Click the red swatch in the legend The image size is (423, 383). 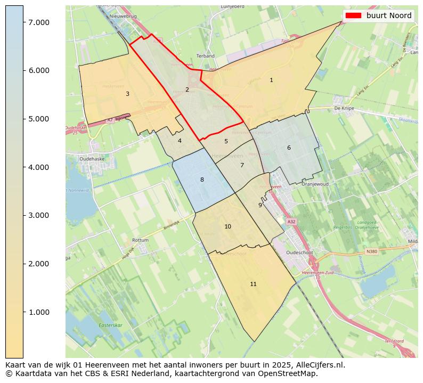[353, 15]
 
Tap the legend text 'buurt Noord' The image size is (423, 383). [388, 15]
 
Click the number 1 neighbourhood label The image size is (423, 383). [271, 80]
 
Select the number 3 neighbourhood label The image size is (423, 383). [127, 94]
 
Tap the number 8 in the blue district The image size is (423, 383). [202, 180]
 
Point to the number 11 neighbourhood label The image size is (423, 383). [253, 284]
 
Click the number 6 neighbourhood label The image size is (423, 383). [289, 148]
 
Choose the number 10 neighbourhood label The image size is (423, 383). [227, 226]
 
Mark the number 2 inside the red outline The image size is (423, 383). [187, 89]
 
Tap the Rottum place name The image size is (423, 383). [140, 240]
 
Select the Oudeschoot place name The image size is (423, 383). [302, 252]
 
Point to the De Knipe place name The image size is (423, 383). [344, 108]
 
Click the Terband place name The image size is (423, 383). [205, 56]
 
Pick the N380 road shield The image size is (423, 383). [371, 251]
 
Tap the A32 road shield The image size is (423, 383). [291, 221]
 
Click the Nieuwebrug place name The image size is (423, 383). [123, 17]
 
